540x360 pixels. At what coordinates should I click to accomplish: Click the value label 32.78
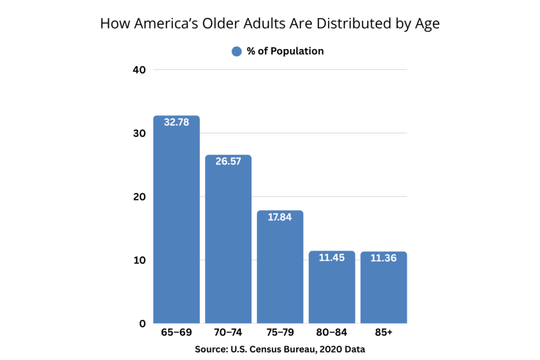tap(176, 122)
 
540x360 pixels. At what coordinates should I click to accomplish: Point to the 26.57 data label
tap(228, 161)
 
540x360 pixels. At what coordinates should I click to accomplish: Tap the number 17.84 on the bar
tap(279, 217)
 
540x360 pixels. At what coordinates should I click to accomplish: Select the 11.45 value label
tap(332, 258)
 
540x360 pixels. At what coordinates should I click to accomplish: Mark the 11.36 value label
tap(383, 258)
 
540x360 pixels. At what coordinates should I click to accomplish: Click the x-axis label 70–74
tap(228, 333)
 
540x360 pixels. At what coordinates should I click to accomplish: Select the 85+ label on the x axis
tap(383, 333)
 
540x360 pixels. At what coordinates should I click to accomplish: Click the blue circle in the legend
tap(237, 51)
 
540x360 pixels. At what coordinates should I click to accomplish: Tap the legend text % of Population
tap(285, 51)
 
